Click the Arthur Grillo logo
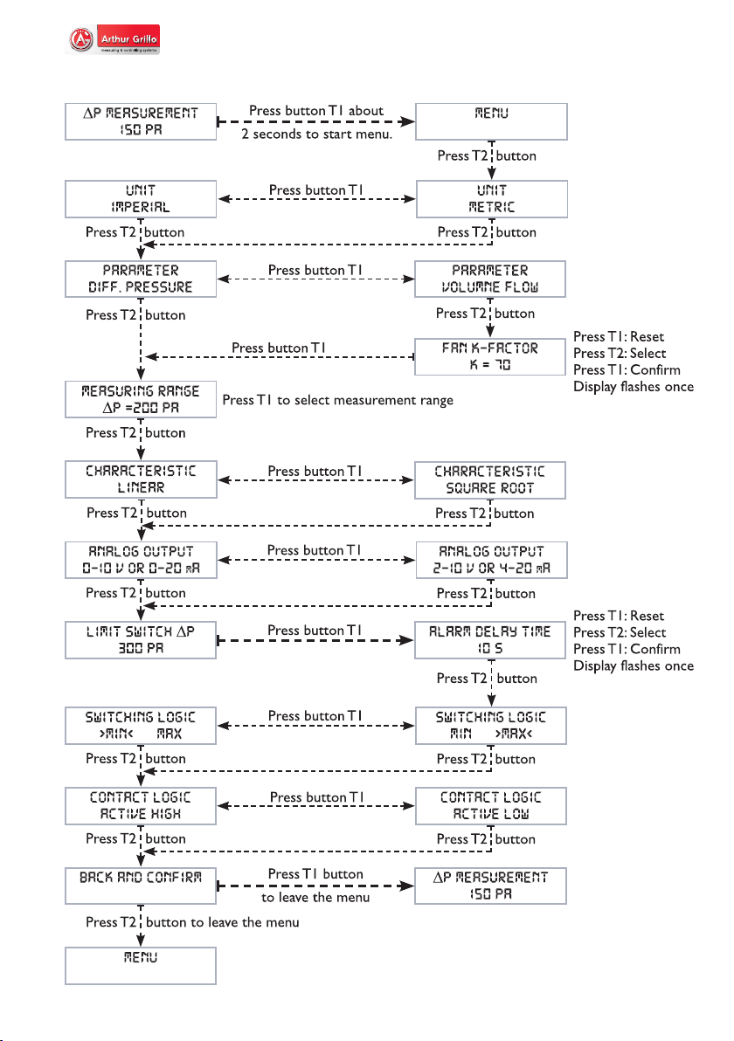coord(114,39)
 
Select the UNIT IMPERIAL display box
coord(141,198)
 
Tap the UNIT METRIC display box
coord(492,198)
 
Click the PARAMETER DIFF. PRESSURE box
coord(141,279)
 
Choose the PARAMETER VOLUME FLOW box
coord(490,279)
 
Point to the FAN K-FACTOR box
coord(490,356)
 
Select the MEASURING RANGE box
coord(141,399)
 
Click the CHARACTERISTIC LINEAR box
coord(141,479)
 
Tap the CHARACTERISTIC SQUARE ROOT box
coord(490,480)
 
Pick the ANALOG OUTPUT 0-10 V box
coord(141,560)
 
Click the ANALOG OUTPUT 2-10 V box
coord(492,560)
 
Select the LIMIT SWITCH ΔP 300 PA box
coord(141,640)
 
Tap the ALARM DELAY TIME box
coord(490,640)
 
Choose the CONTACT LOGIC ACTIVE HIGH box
coord(141,806)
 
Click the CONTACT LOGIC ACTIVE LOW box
coord(491,806)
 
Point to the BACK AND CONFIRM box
coord(141,886)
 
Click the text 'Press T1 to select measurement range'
coord(337,400)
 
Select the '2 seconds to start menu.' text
coord(317,134)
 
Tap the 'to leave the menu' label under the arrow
coord(315,898)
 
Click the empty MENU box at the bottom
coord(141,965)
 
